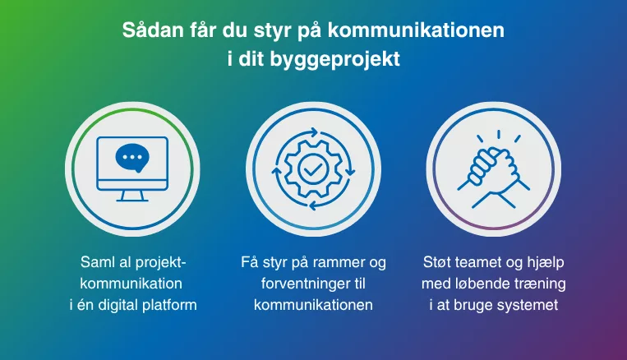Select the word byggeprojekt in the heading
click(x=334, y=60)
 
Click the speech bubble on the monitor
click(x=132, y=158)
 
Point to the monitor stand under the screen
click(x=132, y=196)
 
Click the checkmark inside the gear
click(x=314, y=169)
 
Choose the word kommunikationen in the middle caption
click(x=313, y=305)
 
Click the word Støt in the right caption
click(x=437, y=262)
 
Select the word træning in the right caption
click(x=540, y=284)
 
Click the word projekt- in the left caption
click(x=161, y=263)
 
